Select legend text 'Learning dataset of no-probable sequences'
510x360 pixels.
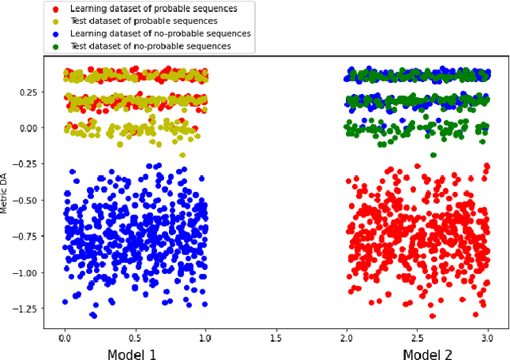point(159,34)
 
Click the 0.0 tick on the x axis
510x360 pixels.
point(64,336)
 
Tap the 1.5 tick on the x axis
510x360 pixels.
point(274,336)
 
